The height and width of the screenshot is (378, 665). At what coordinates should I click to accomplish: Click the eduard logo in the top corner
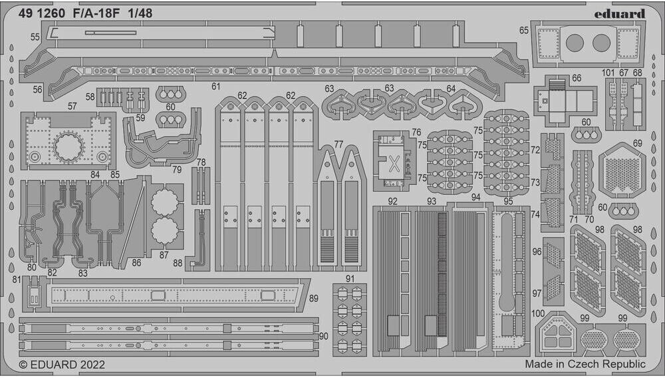tap(620, 13)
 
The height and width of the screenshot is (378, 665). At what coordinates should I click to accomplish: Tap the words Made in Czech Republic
tap(585, 364)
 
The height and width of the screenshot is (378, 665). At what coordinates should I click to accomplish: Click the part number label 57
tap(72, 106)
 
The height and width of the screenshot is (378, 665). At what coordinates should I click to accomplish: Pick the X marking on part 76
tap(392, 162)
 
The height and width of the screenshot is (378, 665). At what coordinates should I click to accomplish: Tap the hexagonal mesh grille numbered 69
tap(622, 170)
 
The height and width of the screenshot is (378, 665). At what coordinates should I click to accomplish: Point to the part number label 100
tap(539, 313)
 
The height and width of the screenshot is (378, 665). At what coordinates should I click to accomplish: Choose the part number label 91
tap(350, 278)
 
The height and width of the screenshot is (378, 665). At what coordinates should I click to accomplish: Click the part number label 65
tap(524, 30)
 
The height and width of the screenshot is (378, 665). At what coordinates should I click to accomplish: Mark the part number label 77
tap(338, 144)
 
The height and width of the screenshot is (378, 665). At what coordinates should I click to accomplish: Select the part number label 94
tap(475, 198)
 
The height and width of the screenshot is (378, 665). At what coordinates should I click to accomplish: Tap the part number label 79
tap(176, 169)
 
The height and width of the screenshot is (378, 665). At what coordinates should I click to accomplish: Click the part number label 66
tap(576, 78)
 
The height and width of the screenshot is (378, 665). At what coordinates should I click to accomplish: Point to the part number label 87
tap(164, 254)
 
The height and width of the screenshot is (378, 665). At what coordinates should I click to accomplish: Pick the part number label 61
tap(215, 86)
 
